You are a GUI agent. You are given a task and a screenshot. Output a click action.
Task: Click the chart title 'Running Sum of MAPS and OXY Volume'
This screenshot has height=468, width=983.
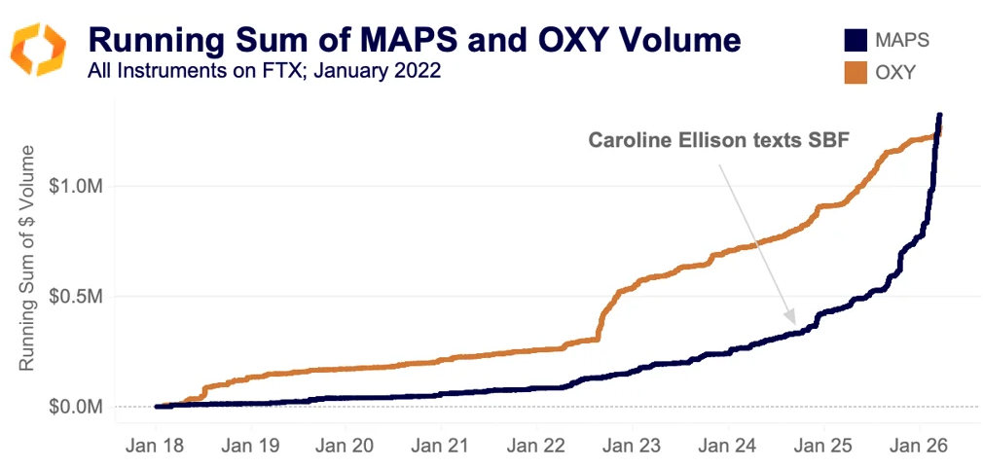tap(415, 40)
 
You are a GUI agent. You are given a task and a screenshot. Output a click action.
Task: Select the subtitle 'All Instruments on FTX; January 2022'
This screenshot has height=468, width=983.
tap(263, 71)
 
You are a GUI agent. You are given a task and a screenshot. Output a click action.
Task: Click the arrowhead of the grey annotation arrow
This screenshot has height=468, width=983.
tap(792, 317)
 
